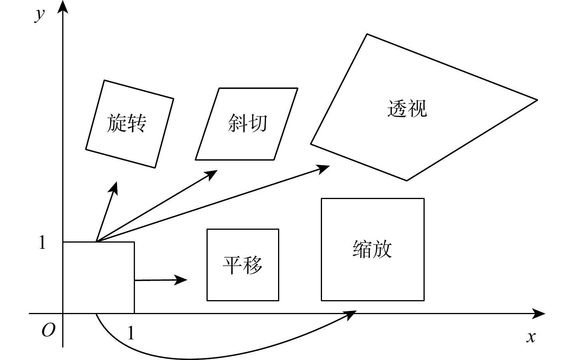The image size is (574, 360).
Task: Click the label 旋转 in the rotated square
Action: point(126,123)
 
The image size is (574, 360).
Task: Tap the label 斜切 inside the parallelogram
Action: point(247,123)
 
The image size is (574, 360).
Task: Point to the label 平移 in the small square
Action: point(242,265)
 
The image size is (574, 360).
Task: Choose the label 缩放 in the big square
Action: point(372,249)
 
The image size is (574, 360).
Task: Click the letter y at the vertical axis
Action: point(39,15)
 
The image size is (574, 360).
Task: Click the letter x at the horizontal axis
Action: point(531,337)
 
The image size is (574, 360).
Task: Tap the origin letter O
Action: point(48,330)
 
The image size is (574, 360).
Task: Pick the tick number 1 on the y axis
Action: point(42,243)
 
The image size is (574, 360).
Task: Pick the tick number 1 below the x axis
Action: point(131,333)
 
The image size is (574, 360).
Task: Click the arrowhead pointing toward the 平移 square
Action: point(182,280)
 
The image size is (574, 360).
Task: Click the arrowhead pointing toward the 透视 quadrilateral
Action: point(324,168)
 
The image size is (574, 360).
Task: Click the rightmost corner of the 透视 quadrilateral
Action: point(537,100)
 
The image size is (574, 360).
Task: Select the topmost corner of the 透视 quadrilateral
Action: point(367,34)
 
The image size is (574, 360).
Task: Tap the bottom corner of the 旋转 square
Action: point(155,168)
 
